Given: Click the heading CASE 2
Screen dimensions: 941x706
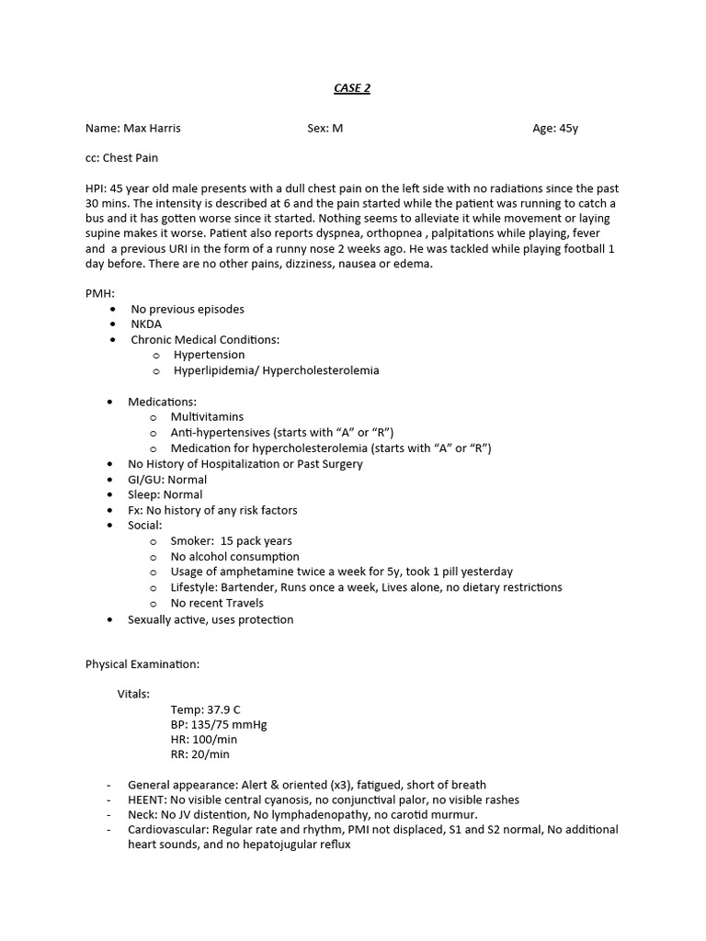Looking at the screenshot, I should pyautogui.click(x=352, y=88).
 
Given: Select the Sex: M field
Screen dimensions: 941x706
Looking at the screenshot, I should pyautogui.click(x=325, y=129).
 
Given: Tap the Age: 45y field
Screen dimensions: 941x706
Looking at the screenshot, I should pyautogui.click(x=555, y=129).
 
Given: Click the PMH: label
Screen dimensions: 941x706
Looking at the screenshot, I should pyautogui.click(x=99, y=293).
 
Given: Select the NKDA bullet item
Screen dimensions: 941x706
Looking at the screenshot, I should pyautogui.click(x=146, y=324).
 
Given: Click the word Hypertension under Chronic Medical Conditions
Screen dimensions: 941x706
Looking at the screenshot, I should pyautogui.click(x=209, y=355).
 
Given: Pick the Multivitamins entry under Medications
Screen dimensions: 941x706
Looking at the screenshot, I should pyautogui.click(x=207, y=417).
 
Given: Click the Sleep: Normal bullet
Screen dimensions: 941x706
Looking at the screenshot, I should pyautogui.click(x=165, y=494).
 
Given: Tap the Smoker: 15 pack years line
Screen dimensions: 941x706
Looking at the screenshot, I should pyautogui.click(x=231, y=541).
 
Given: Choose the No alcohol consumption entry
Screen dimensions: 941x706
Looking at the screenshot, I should pyautogui.click(x=234, y=557).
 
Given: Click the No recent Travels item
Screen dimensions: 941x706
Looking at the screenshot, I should pyautogui.click(x=217, y=603).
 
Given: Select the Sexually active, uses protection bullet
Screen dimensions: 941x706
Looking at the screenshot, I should pyautogui.click(x=211, y=619).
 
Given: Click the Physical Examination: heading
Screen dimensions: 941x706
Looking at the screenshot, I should pyautogui.click(x=142, y=663).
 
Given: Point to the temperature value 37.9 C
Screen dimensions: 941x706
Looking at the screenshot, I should pyautogui.click(x=223, y=709).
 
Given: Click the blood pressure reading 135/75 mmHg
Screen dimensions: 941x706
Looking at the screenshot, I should pyautogui.click(x=229, y=724).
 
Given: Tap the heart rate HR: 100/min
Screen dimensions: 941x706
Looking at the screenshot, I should pyautogui.click(x=203, y=739).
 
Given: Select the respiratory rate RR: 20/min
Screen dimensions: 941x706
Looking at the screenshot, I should pyautogui.click(x=199, y=754).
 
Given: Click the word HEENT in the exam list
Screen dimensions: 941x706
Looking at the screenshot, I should pyautogui.click(x=145, y=799).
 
